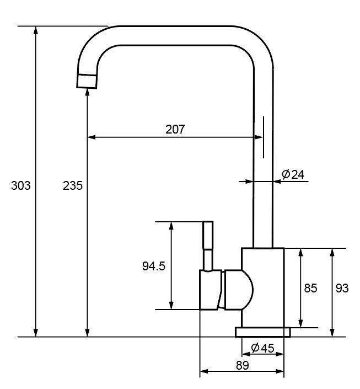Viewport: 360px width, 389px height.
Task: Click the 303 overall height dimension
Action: tap(21, 185)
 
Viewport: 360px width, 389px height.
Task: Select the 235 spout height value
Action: tap(73, 185)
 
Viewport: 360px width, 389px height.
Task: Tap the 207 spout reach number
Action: tap(175, 129)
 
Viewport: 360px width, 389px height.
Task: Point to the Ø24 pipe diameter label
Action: tap(293, 174)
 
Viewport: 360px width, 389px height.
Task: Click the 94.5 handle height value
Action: tap(154, 266)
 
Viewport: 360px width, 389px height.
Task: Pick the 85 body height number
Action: tap(310, 288)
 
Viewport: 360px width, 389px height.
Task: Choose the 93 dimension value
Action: tap(342, 288)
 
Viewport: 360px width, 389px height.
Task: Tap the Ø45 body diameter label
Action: tap(262, 348)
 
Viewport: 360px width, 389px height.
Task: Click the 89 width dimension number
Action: tap(242, 365)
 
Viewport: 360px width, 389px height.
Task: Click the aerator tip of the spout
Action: tap(87, 81)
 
